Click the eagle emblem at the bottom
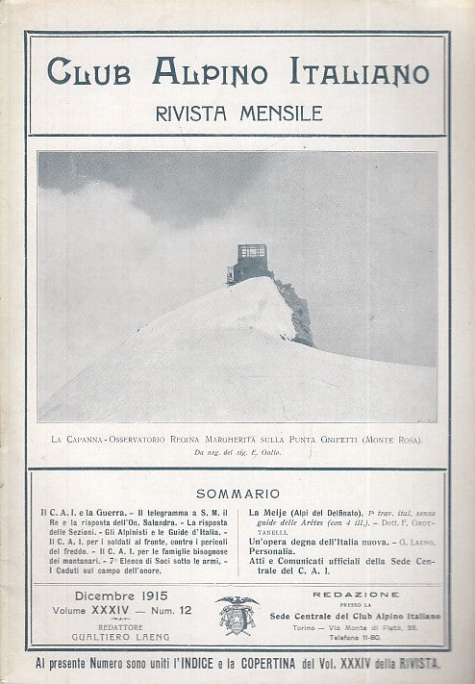pos(236,615)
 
